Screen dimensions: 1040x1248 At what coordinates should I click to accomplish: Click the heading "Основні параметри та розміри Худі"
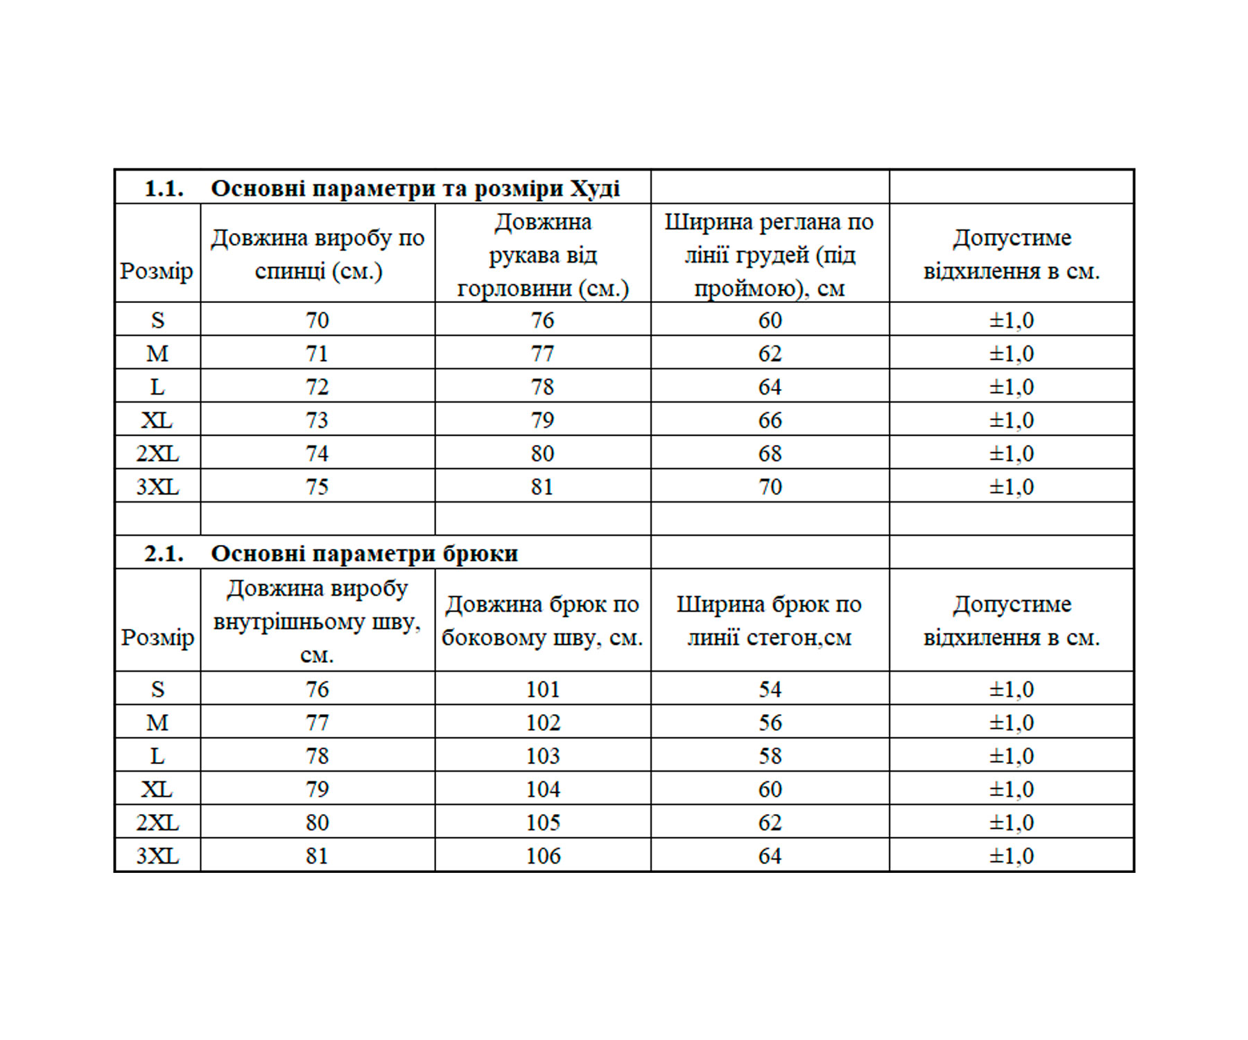[x=415, y=189]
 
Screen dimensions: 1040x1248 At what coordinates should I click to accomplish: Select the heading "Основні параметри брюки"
[x=364, y=553]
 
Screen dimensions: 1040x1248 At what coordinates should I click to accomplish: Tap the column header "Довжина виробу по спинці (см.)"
[x=318, y=254]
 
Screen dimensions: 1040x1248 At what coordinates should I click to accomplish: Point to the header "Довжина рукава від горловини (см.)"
[x=543, y=254]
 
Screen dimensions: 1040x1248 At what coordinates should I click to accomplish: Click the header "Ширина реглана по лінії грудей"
[x=769, y=254]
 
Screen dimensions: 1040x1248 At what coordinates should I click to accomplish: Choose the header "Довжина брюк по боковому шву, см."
[x=542, y=621]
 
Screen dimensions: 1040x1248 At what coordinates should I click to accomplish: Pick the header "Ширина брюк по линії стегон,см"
[x=769, y=621]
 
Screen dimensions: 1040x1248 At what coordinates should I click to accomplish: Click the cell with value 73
[x=317, y=420]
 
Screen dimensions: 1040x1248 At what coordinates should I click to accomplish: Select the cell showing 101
[x=542, y=689]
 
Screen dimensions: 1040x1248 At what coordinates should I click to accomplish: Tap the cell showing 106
[x=542, y=856]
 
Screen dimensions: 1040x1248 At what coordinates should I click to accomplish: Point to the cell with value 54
[x=770, y=689]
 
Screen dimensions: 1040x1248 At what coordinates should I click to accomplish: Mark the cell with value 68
[x=770, y=453]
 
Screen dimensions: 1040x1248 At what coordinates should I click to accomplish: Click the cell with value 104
[x=542, y=789]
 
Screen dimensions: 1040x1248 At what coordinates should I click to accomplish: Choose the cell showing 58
[x=770, y=756]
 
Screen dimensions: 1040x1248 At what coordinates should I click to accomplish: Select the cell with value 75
[x=317, y=487]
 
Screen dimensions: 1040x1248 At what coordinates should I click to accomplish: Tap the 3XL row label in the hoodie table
[x=157, y=487]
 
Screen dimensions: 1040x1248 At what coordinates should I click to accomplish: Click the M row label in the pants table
[x=157, y=722]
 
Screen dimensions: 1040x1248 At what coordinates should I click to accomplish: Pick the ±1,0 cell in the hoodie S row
[x=1011, y=320]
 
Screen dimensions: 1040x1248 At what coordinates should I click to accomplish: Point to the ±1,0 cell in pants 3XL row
[x=1011, y=856]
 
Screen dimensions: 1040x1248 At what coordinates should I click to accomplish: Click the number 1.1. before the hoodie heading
[x=164, y=189]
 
